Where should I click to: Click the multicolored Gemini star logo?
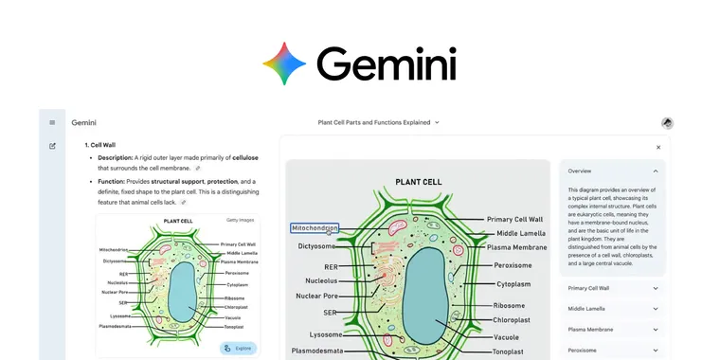[x=284, y=63]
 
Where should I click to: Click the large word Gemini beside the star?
[x=387, y=64]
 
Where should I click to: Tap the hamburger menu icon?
[x=52, y=122]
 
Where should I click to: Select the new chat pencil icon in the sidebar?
[x=52, y=146]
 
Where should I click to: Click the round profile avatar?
[x=667, y=123]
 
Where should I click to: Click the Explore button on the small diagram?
[x=238, y=348]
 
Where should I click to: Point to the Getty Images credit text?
[x=240, y=220]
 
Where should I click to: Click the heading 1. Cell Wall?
[x=100, y=145]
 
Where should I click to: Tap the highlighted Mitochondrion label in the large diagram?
[x=315, y=228]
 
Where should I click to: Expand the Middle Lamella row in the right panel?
[x=612, y=309]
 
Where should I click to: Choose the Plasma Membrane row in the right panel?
[x=612, y=330]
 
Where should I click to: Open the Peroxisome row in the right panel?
[x=612, y=351]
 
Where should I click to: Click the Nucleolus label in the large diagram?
[x=321, y=280]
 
